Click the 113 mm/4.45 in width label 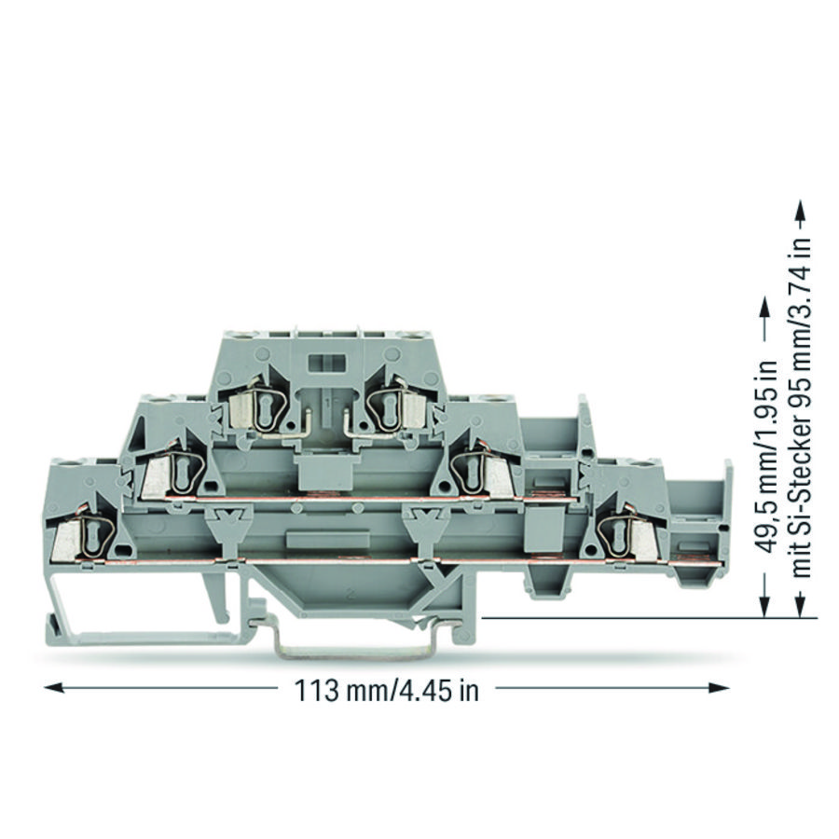(386, 691)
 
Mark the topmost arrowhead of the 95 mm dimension (800, 211)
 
